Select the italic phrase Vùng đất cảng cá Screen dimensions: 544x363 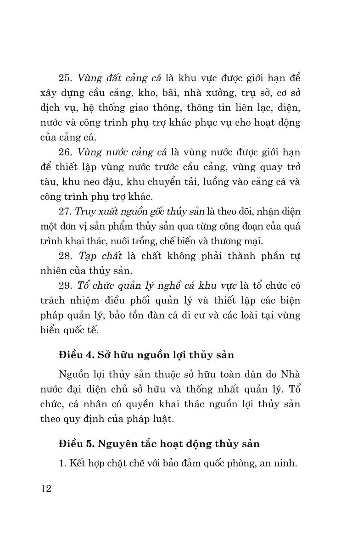(114, 76)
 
